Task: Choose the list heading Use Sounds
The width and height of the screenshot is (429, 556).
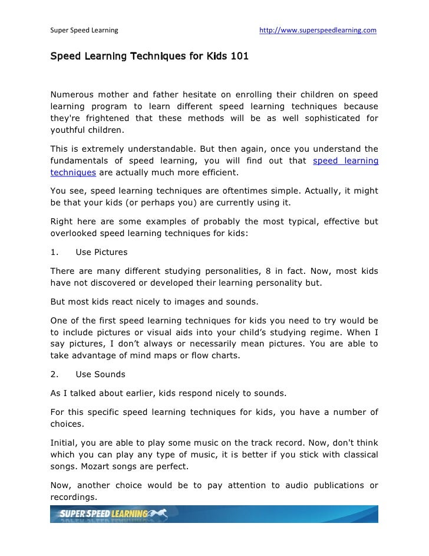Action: (x=100, y=374)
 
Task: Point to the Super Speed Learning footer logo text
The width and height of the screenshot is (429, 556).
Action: (x=104, y=514)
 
